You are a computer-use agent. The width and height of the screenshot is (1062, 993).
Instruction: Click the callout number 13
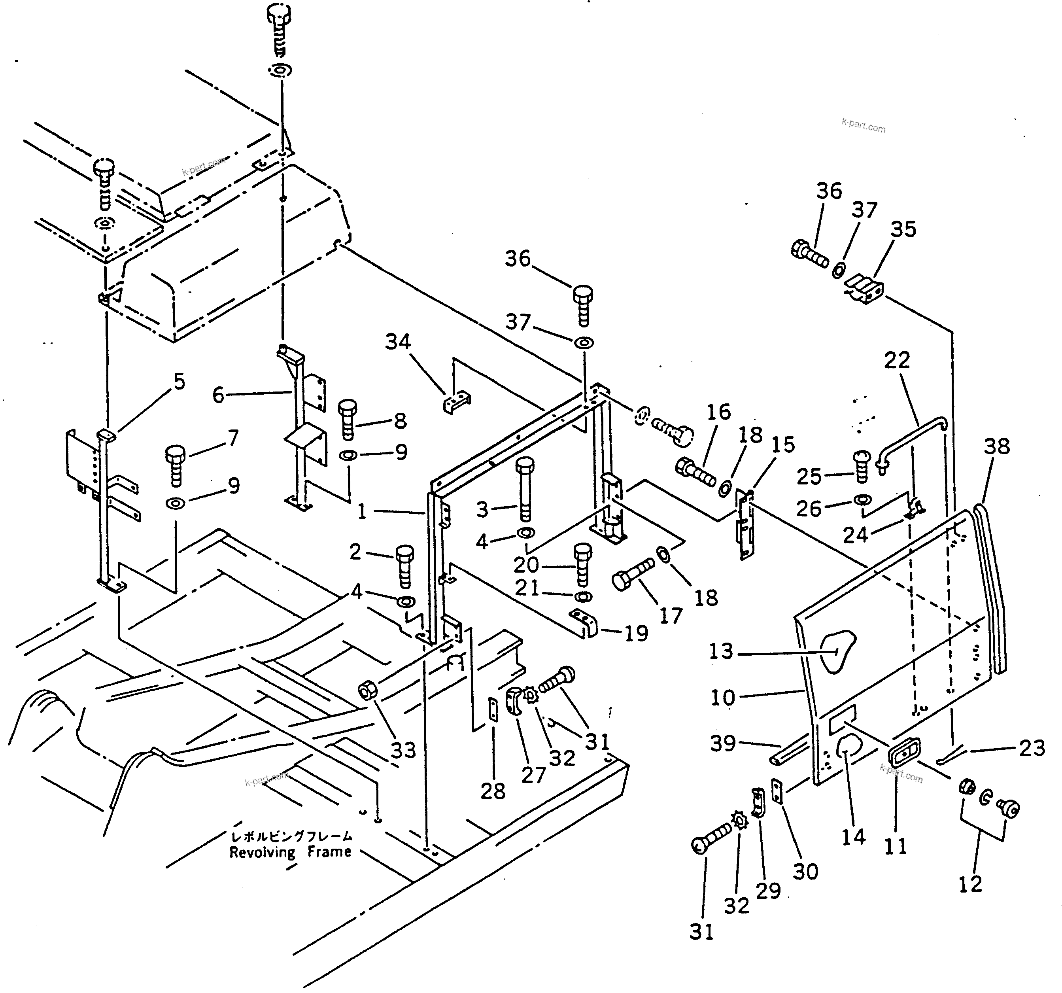(x=721, y=651)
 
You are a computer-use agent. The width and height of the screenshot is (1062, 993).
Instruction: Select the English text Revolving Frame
(x=290, y=852)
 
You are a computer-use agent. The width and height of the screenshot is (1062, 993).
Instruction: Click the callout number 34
(x=398, y=342)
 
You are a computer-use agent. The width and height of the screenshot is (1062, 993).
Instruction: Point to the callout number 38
(x=996, y=446)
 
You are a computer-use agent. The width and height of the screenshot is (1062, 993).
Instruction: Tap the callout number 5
(x=179, y=382)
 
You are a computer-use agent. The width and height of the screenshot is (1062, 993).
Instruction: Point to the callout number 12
(x=970, y=885)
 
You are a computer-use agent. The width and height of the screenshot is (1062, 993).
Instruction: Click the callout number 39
(x=723, y=743)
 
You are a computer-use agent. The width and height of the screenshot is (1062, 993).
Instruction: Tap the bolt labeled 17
(x=633, y=572)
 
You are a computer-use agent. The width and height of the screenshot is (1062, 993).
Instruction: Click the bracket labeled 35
(x=865, y=289)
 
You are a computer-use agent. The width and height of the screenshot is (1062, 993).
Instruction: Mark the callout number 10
(x=723, y=698)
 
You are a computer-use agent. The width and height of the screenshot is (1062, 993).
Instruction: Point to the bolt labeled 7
(x=176, y=465)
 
